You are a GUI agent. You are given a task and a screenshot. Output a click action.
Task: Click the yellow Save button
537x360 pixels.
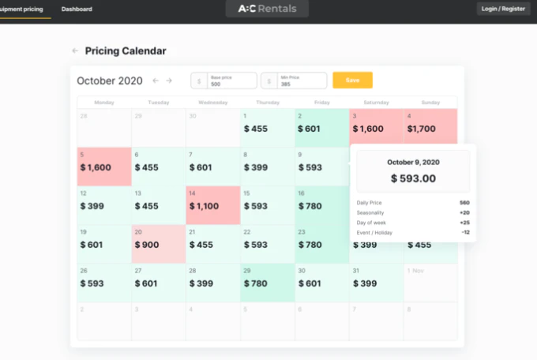coord(352,81)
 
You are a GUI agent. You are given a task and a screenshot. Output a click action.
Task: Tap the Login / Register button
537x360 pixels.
coord(503,9)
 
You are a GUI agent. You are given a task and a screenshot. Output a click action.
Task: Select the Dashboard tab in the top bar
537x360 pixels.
coord(77,9)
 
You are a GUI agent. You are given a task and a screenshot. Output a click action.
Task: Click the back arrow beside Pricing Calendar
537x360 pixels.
coord(75,51)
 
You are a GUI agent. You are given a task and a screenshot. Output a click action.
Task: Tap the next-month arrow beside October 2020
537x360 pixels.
coord(168,81)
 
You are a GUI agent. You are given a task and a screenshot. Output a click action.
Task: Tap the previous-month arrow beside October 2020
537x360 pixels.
coord(156,81)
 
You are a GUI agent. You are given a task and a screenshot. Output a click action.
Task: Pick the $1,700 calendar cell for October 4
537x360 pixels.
coord(430,127)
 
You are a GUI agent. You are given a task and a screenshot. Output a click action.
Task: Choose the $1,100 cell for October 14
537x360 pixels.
coord(212,205)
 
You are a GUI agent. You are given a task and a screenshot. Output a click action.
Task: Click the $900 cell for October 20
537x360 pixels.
coord(158,244)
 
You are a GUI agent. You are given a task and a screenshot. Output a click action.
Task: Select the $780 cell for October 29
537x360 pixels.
coord(267,283)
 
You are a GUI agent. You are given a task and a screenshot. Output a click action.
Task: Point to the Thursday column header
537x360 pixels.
coord(267,102)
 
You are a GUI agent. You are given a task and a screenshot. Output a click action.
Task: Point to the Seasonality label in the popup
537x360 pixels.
coord(370,212)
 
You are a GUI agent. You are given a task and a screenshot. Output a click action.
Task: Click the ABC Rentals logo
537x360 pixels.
coord(267,9)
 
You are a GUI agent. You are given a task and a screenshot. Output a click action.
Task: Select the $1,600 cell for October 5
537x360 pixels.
coord(103,167)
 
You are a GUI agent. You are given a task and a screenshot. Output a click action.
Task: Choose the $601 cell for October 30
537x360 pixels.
coord(321,283)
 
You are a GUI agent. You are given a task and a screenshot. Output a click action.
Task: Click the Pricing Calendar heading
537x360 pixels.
coord(126,51)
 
